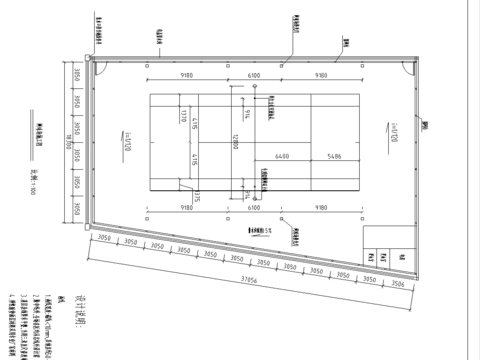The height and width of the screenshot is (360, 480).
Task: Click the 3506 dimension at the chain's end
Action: [397, 283]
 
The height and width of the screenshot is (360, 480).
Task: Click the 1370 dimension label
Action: [184, 116]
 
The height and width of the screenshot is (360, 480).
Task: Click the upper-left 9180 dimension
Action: [186, 75]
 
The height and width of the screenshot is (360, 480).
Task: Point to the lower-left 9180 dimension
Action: [186, 207]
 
